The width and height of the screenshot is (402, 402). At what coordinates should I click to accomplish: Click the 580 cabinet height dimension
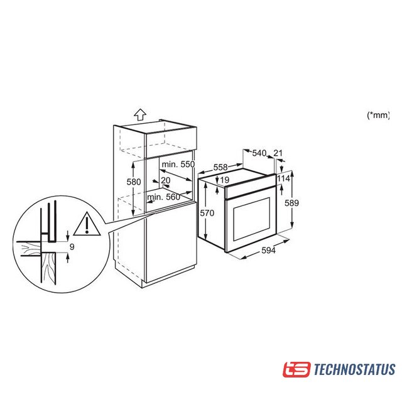(134, 182)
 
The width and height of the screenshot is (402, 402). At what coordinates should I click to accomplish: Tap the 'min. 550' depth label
(178, 164)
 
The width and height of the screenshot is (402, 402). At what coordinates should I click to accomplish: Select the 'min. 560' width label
(163, 197)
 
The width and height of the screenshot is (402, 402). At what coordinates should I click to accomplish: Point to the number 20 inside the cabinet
(166, 180)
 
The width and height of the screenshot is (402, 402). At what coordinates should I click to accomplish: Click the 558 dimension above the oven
(220, 167)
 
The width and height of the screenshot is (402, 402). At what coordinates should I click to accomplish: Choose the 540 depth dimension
(259, 153)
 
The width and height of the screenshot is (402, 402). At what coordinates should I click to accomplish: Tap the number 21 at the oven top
(278, 153)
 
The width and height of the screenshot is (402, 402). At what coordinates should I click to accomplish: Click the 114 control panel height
(283, 178)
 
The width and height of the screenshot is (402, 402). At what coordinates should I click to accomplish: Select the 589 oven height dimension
(291, 203)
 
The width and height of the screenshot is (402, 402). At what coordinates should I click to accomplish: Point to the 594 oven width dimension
(268, 250)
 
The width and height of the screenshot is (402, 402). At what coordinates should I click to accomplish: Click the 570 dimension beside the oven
(207, 213)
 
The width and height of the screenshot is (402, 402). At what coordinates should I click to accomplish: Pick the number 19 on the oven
(225, 180)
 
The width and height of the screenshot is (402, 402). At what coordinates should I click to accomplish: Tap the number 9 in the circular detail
(72, 247)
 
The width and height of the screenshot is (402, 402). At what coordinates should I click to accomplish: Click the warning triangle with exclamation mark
(87, 224)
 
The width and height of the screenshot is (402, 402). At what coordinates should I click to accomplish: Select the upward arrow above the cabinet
(140, 114)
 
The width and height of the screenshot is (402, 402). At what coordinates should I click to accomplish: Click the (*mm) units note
(378, 115)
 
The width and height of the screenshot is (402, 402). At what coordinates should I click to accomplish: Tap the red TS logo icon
(296, 369)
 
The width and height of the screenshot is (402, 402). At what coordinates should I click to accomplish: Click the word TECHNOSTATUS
(354, 369)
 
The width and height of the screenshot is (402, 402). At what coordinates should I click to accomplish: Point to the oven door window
(251, 219)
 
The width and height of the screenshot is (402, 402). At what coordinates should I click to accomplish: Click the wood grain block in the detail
(49, 268)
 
